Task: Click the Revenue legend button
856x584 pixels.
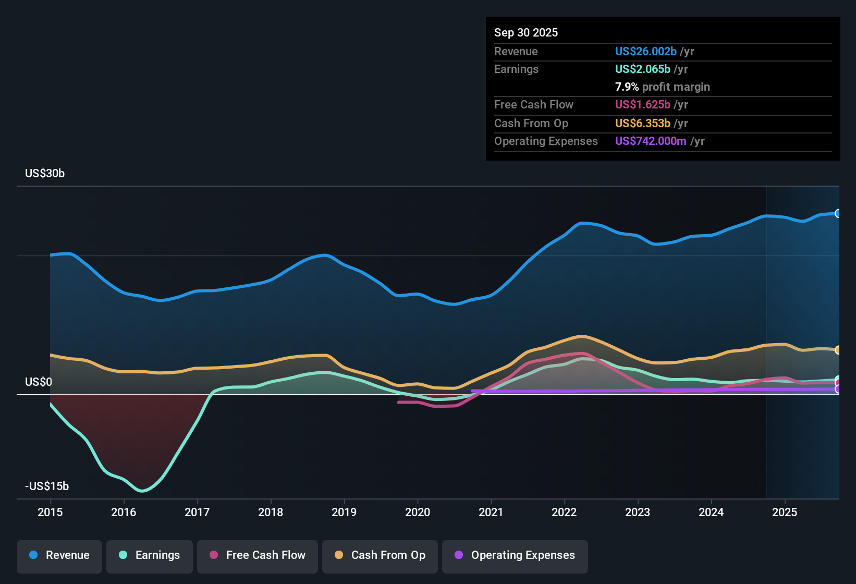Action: (59, 555)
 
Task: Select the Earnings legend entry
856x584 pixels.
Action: (150, 555)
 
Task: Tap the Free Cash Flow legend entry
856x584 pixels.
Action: (258, 555)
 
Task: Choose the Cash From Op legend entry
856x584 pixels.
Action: (380, 555)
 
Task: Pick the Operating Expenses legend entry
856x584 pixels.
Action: (515, 555)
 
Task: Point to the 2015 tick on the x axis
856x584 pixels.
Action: (50, 512)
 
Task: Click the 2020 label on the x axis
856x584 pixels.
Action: (418, 512)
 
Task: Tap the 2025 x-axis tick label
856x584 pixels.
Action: (785, 512)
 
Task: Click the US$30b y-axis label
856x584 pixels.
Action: (45, 174)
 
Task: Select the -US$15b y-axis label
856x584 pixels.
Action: (47, 486)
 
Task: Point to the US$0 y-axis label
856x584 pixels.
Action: (39, 382)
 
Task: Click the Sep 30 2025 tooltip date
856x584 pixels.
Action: (525, 33)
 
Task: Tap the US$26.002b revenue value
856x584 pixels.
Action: (645, 52)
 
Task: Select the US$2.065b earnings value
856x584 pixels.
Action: (642, 69)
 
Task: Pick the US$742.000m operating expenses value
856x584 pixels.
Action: (650, 141)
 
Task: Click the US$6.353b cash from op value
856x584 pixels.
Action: (642, 124)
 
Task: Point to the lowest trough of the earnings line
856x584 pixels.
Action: (142, 491)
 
